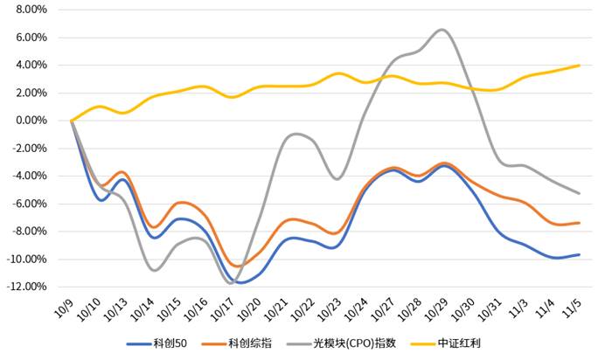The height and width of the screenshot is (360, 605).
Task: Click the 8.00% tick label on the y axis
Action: [31, 10]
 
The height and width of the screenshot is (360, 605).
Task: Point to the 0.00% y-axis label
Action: [31, 121]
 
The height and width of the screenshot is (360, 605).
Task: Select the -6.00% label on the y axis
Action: [28, 204]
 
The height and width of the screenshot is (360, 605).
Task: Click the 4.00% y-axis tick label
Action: [31, 65]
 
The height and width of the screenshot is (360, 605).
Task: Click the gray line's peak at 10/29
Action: [442, 30]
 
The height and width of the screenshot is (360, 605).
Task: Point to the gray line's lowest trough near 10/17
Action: [230, 283]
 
